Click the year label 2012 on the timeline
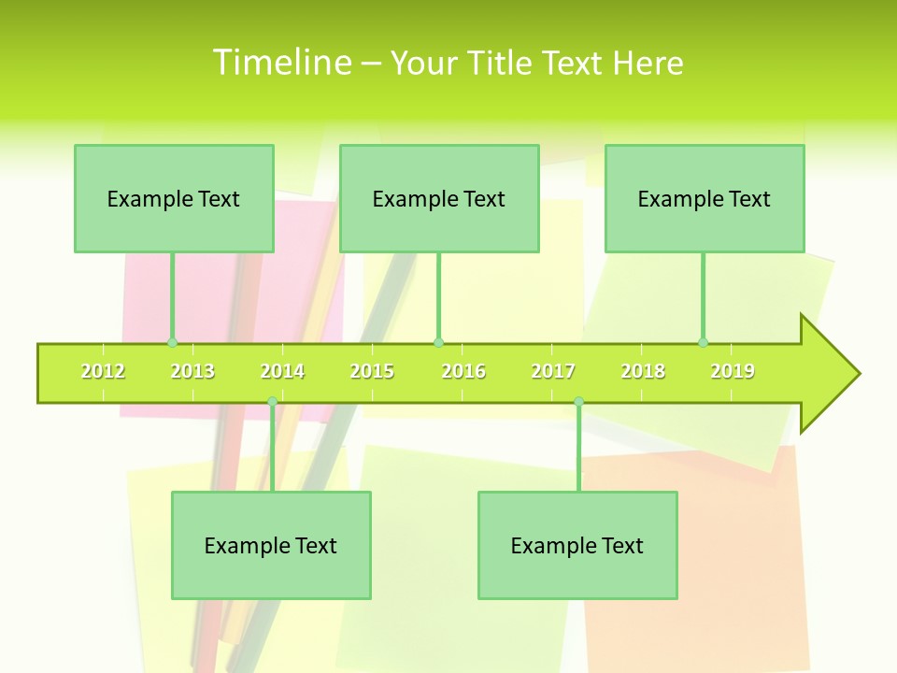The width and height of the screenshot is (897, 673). point(103,372)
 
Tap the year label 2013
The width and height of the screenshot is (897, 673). point(192,372)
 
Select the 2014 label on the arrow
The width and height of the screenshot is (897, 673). point(282,372)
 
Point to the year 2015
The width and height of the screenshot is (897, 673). point(372,372)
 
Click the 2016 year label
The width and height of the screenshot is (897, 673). point(463,372)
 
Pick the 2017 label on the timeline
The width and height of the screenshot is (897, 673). point(553,372)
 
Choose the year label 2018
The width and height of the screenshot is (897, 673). point(643,372)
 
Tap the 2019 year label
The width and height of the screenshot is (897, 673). point(733,372)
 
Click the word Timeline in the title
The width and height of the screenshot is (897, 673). point(281,63)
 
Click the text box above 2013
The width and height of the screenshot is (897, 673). point(174,198)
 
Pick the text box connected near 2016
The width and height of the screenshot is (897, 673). point(439,198)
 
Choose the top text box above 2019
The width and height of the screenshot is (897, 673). point(705,198)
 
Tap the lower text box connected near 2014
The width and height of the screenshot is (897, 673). point(271,545)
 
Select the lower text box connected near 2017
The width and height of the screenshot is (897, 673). point(577,545)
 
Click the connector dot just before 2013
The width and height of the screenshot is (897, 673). point(172,342)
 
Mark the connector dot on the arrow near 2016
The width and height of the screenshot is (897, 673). point(438,342)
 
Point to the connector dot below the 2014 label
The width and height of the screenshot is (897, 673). point(272,401)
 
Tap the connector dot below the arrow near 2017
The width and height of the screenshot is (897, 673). point(578,401)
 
